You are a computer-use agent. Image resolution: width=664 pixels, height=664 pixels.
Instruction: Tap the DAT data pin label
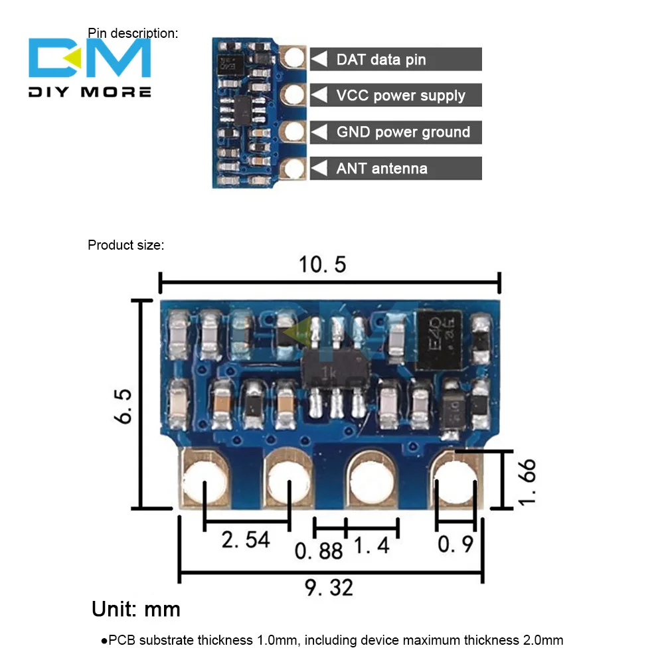(380, 60)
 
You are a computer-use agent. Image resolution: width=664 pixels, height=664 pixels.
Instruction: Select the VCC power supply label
(400, 96)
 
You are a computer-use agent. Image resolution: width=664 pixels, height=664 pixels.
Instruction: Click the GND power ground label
(403, 132)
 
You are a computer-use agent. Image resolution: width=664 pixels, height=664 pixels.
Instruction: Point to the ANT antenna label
(381, 169)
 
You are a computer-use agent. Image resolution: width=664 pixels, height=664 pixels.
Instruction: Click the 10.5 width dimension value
(322, 265)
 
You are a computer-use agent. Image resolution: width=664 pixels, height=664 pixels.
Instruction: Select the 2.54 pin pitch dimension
(246, 540)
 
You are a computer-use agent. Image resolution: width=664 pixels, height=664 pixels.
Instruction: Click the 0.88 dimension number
(319, 550)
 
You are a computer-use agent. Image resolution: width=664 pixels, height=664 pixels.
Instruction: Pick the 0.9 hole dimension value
(456, 544)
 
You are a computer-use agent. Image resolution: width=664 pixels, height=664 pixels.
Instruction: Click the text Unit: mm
(135, 609)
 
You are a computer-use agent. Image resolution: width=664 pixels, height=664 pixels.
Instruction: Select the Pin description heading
(133, 33)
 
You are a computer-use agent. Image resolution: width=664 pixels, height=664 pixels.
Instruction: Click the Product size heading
(125, 245)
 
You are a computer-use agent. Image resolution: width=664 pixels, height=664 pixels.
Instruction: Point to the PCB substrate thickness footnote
(332, 640)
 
